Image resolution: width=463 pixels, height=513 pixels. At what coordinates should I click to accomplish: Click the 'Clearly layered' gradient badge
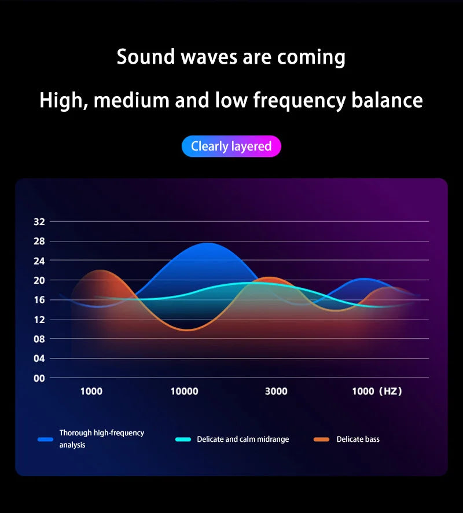[x=231, y=146]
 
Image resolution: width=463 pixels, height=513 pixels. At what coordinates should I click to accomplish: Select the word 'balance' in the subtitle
[x=387, y=101]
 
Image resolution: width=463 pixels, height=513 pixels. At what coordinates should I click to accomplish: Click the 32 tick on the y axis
[x=39, y=221]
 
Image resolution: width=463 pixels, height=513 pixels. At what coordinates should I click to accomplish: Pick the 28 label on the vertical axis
[x=39, y=241]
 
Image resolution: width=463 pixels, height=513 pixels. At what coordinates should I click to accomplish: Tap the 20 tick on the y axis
[x=39, y=280]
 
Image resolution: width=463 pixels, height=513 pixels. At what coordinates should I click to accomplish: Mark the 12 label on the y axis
[x=39, y=319]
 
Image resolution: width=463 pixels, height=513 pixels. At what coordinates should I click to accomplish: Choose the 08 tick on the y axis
[x=39, y=339]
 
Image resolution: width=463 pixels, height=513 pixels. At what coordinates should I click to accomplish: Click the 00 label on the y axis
[x=39, y=378]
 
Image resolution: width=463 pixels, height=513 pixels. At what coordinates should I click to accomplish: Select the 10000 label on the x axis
[x=184, y=391]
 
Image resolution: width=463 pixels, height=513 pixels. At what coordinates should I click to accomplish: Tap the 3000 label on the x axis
[x=276, y=391]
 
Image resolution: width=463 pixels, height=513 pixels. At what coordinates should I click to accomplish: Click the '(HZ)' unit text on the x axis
[x=390, y=391]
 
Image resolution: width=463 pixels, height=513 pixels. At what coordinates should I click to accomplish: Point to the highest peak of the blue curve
[x=207, y=243]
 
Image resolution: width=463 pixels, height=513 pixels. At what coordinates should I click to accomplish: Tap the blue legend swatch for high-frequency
[x=45, y=439]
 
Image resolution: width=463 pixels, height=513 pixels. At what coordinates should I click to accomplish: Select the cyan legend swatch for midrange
[x=183, y=439]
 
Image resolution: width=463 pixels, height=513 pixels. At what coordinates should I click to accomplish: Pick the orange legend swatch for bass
[x=322, y=439]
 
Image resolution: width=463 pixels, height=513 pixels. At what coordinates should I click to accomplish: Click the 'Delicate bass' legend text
[x=358, y=439]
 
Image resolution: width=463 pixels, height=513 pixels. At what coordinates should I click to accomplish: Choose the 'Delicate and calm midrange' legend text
[x=242, y=439]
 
